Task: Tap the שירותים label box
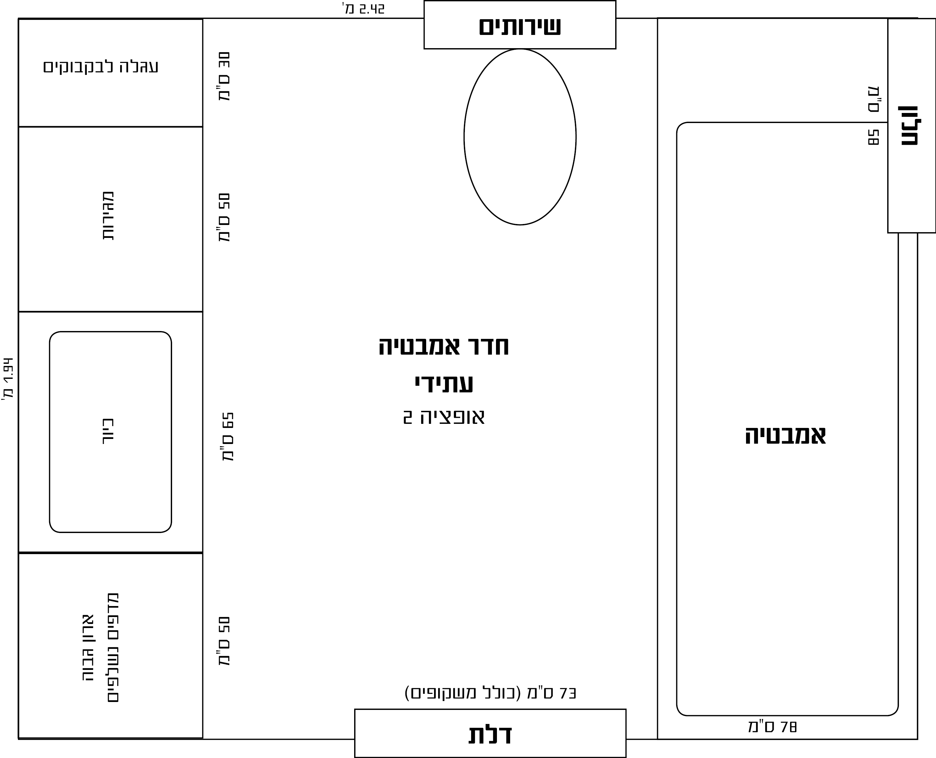tap(520, 25)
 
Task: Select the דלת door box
tap(490, 733)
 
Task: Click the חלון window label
tap(910, 126)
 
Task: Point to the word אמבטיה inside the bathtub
tap(785, 436)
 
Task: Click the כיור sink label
tap(108, 431)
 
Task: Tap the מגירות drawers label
tap(108, 216)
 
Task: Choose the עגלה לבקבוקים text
tap(101, 67)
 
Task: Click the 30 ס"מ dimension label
tap(224, 76)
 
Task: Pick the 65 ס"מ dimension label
tap(228, 437)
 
